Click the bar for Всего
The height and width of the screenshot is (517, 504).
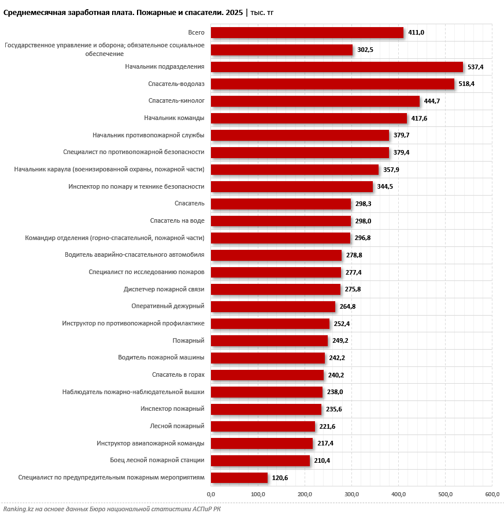[307, 33]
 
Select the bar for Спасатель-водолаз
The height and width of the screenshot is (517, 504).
[332, 84]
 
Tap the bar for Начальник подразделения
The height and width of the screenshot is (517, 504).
[337, 67]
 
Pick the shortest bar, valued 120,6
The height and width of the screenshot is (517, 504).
[239, 478]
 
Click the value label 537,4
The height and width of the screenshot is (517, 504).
[475, 67]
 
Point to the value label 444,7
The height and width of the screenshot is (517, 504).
[432, 101]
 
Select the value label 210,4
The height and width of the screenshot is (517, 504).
[322, 460]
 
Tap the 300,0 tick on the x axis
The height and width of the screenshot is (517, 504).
[352, 494]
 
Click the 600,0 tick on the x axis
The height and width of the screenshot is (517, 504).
[492, 494]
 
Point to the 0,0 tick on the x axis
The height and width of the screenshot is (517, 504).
[211, 494]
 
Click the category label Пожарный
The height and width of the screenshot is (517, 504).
[188, 340]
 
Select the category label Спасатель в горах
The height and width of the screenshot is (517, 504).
[179, 374]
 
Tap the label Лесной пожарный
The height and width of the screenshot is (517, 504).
[177, 426]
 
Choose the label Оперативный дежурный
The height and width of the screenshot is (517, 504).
[168, 306]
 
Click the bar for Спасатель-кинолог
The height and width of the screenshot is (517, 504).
[316, 101]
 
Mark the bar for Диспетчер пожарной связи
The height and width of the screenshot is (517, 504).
[276, 290]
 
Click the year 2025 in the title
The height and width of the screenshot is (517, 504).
[234, 13]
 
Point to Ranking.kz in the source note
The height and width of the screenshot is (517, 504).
[18, 509]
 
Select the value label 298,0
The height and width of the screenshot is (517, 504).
[363, 221]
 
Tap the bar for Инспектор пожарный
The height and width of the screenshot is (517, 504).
[266, 409]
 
